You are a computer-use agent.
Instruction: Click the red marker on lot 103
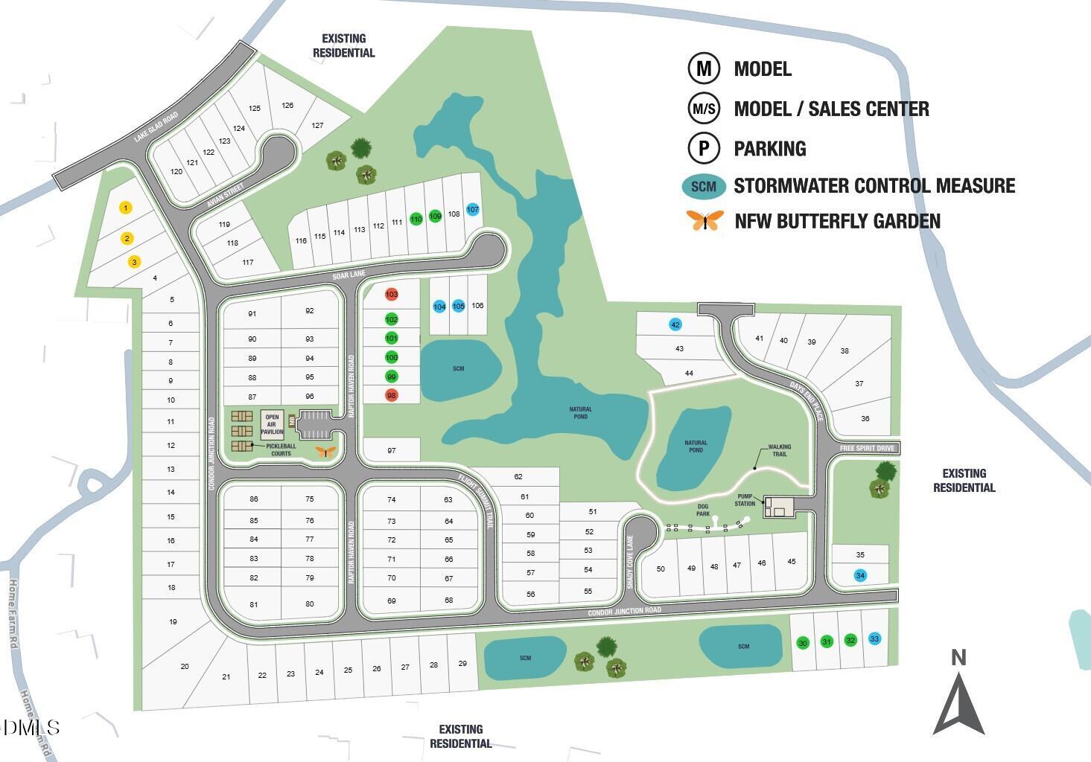coord(392,294)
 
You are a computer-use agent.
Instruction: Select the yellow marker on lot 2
coord(127,238)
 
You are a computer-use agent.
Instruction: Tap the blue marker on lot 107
coord(472,210)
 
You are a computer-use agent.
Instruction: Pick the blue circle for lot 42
coord(675,324)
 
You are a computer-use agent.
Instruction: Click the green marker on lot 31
coord(827,641)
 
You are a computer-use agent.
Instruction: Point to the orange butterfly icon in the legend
coord(704,220)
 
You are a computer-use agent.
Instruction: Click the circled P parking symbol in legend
coord(703,148)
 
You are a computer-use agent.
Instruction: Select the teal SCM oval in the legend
coord(703,186)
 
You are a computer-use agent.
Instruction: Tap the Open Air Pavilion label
coord(272,424)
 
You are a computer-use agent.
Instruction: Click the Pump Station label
coord(746,499)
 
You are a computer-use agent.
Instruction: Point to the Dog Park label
coord(703,510)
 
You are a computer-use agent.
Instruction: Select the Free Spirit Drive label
coord(866,448)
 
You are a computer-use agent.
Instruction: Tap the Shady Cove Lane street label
coord(629,563)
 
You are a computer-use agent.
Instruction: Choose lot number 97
coord(392,450)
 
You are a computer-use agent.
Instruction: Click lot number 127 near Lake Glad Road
coord(317,125)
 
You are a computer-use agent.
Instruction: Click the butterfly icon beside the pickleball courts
coord(325,451)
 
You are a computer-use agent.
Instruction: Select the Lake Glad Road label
coord(156,127)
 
